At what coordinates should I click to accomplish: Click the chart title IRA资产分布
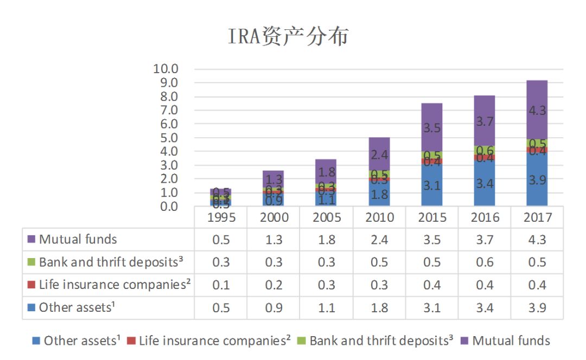(x=288, y=36)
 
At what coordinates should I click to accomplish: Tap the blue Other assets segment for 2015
(x=431, y=185)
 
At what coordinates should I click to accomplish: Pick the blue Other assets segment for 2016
(x=484, y=183)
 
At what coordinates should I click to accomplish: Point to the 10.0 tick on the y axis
(x=165, y=69)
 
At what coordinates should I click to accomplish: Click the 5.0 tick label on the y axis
(x=165, y=138)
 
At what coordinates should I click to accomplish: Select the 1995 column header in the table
(x=221, y=217)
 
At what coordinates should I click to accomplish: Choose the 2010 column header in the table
(x=379, y=217)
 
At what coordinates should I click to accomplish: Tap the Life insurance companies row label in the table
(x=114, y=285)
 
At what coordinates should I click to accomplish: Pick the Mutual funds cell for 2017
(x=537, y=239)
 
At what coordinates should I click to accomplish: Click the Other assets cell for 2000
(x=273, y=307)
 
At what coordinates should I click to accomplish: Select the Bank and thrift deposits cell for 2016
(x=484, y=262)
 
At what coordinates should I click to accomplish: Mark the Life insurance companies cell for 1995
(x=221, y=285)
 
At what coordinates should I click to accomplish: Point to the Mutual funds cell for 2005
(x=326, y=239)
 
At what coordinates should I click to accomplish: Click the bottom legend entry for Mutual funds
(x=511, y=340)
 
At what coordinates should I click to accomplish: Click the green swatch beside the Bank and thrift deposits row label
(x=31, y=262)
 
